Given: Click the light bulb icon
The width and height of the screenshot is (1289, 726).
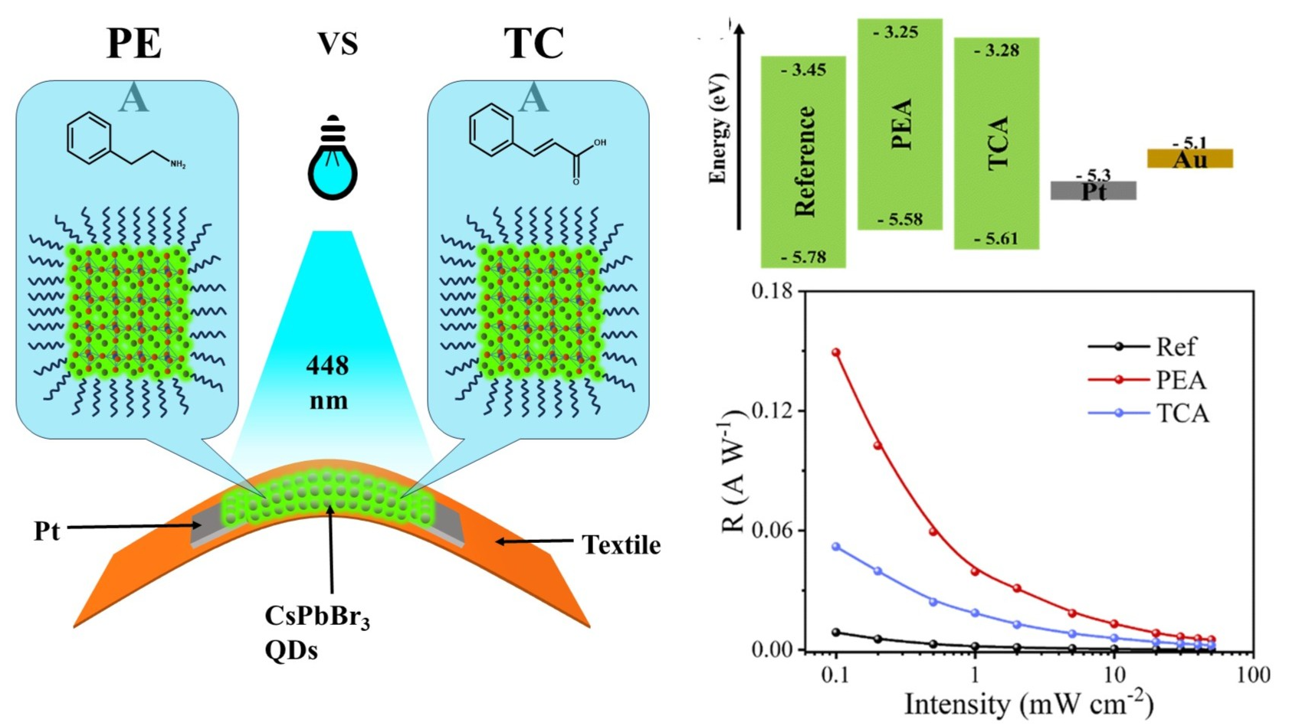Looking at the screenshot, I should pos(333,158).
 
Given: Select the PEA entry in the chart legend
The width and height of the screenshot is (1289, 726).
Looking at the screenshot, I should pos(1181,380).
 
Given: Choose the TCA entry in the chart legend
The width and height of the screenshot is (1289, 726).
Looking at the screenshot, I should pos(1182,414).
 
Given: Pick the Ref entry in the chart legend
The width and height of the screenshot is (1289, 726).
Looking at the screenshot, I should pos(1176,347).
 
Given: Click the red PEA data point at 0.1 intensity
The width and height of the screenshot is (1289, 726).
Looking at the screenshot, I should pos(836,353).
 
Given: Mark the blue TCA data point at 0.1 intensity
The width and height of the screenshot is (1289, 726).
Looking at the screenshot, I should pos(836,548).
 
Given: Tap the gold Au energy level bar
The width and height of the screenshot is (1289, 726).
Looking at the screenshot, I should pos(1189,159).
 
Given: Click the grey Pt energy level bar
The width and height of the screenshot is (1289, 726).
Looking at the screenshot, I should pos(1093,191).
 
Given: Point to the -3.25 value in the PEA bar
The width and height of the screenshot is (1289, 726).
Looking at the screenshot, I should pos(899,32).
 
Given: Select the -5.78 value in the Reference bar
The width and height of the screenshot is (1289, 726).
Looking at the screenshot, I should pos(803,257).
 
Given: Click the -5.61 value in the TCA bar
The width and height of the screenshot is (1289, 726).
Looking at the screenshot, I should pos(996,239).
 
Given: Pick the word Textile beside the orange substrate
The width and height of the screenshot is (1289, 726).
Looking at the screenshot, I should pos(621,545).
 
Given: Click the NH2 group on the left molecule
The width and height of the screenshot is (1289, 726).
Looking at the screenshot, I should pos(177,164).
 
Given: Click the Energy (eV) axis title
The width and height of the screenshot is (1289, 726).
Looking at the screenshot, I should pos(718,129).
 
